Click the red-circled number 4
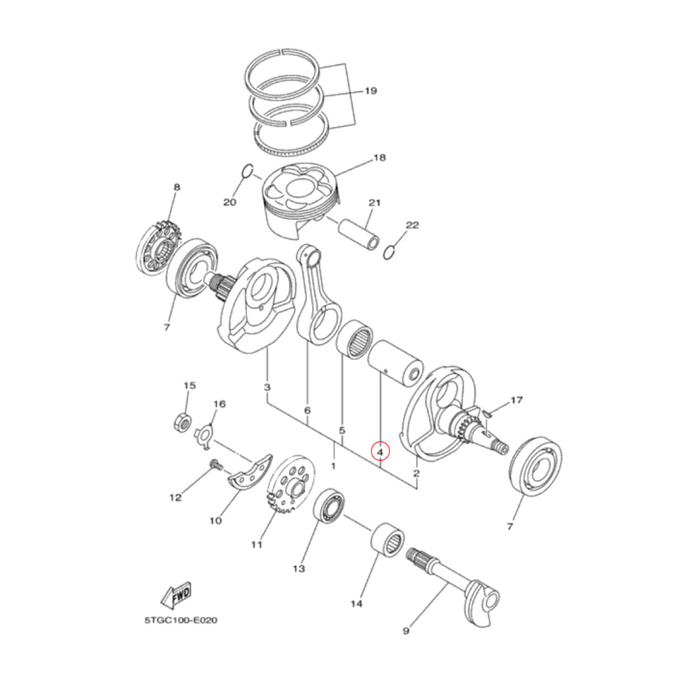point(379,451)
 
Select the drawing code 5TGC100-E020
point(180,620)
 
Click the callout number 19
point(370,91)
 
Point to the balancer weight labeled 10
point(249,473)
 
